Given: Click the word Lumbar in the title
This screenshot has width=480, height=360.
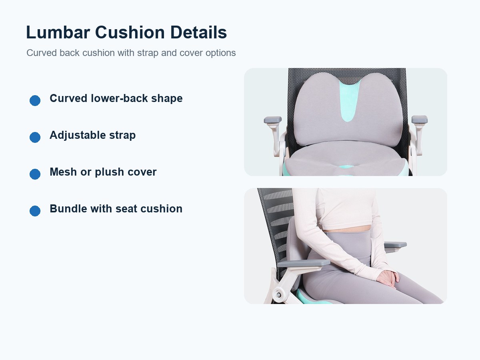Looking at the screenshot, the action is click(58, 32).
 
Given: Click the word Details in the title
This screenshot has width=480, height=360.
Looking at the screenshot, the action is click(198, 32).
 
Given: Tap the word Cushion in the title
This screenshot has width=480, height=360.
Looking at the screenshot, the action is click(130, 32).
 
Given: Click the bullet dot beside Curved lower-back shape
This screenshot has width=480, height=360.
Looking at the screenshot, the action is click(35, 100).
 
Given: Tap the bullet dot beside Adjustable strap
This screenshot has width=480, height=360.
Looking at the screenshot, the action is click(35, 137).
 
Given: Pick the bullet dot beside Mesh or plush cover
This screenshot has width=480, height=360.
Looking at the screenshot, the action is click(35, 174).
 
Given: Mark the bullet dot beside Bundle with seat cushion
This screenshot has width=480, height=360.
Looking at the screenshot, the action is click(35, 211).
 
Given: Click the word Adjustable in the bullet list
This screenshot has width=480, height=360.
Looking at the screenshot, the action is click(78, 136).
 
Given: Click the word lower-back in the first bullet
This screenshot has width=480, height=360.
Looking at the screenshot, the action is click(119, 98).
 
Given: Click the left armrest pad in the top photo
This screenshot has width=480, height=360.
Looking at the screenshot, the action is click(273, 120).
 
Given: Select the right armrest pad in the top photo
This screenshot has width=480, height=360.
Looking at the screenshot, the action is click(420, 120).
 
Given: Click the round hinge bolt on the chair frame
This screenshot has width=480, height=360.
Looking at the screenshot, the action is click(278, 295).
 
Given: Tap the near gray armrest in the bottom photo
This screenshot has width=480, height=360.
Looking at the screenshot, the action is click(304, 263).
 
